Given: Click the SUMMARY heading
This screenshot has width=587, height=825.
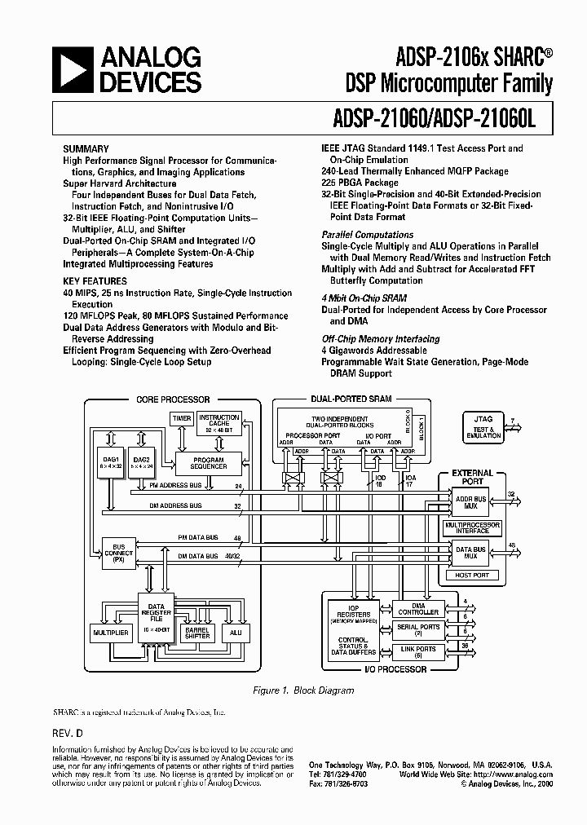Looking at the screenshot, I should (86, 149).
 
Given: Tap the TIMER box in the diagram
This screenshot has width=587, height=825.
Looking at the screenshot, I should (182, 418).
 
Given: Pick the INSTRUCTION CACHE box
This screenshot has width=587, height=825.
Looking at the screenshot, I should (219, 423).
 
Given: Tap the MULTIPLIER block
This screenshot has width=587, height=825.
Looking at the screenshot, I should (110, 633).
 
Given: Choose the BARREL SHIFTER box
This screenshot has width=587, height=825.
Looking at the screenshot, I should (197, 633).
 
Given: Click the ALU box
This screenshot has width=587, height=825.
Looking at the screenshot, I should (236, 633).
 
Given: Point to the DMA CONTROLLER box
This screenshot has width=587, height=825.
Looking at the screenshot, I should (419, 609).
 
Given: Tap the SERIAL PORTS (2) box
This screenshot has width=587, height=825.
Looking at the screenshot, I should (419, 630).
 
